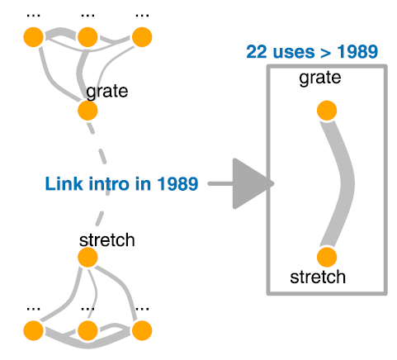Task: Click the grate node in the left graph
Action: point(87,111)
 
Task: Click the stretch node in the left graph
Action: point(87,257)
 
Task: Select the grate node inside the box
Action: point(327,111)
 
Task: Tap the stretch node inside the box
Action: point(327,257)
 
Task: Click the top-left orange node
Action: point(33,37)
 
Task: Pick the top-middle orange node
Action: point(87,37)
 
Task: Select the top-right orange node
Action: point(142,37)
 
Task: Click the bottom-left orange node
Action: point(33,330)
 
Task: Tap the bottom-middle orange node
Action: point(87,330)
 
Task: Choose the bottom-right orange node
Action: point(142,330)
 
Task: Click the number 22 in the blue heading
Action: point(257,52)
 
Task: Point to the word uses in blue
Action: point(294,52)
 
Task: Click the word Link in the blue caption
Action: point(64,183)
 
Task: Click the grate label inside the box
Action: point(320,78)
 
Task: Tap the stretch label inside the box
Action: point(318,277)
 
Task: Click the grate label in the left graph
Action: point(106,92)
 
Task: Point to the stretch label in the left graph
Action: point(106,240)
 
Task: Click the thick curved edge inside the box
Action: point(347,183)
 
